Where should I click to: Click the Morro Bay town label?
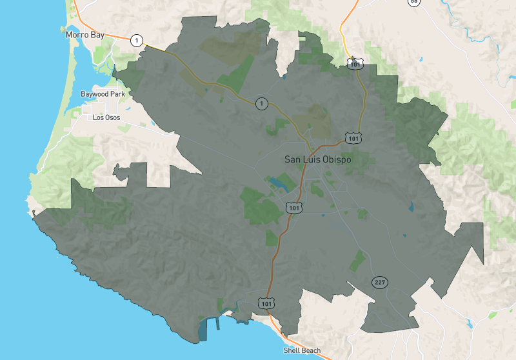click(x=84, y=34)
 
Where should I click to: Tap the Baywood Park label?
click(x=103, y=94)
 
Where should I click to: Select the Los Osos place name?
click(x=106, y=117)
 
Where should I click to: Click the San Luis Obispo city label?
click(x=318, y=159)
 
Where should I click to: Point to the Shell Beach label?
click(x=302, y=351)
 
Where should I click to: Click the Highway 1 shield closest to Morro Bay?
click(x=136, y=40)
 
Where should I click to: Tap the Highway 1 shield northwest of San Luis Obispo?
click(x=261, y=103)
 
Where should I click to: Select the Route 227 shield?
click(x=379, y=283)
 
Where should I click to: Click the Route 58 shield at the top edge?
click(x=413, y=2)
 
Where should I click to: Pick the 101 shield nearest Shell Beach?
click(x=266, y=302)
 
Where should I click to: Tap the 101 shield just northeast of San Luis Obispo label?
click(x=353, y=137)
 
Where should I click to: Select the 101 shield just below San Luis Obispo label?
click(x=294, y=208)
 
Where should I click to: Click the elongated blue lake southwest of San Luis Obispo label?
click(x=279, y=184)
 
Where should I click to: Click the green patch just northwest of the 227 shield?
click(x=357, y=260)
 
